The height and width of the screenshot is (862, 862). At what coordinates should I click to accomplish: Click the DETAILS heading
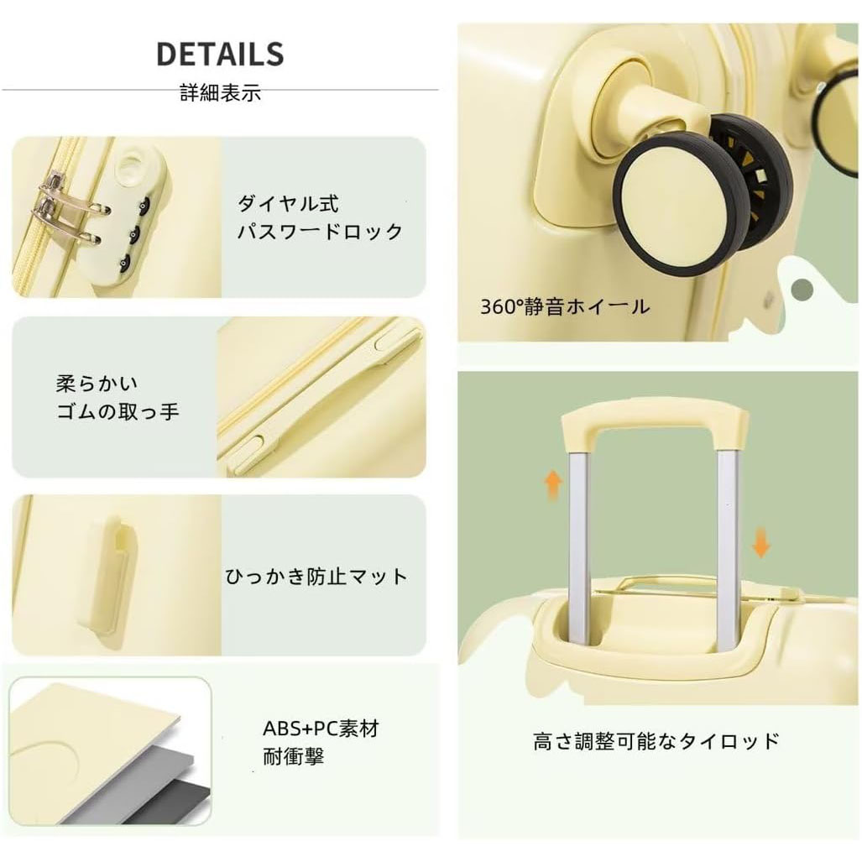220,54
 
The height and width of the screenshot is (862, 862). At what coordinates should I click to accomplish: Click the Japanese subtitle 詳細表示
221,92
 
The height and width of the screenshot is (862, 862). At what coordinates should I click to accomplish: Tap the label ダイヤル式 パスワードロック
320,217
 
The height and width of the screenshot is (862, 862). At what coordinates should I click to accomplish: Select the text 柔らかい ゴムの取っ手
118,398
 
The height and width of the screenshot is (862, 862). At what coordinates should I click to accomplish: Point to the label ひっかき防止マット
316,576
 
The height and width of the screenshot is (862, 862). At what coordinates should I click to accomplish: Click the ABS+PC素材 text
321,729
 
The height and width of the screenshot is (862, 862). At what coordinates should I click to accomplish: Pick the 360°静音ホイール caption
565,306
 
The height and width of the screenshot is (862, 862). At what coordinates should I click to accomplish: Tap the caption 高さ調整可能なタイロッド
656,741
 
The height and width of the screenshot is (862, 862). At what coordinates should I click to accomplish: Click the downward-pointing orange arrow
760,541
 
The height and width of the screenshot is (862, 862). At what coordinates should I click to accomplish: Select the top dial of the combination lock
144,205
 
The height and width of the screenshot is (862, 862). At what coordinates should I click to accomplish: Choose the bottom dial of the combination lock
125,262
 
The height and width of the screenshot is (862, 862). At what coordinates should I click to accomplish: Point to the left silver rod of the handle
579,550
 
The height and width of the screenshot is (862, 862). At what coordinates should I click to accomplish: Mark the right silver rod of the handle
728,550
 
